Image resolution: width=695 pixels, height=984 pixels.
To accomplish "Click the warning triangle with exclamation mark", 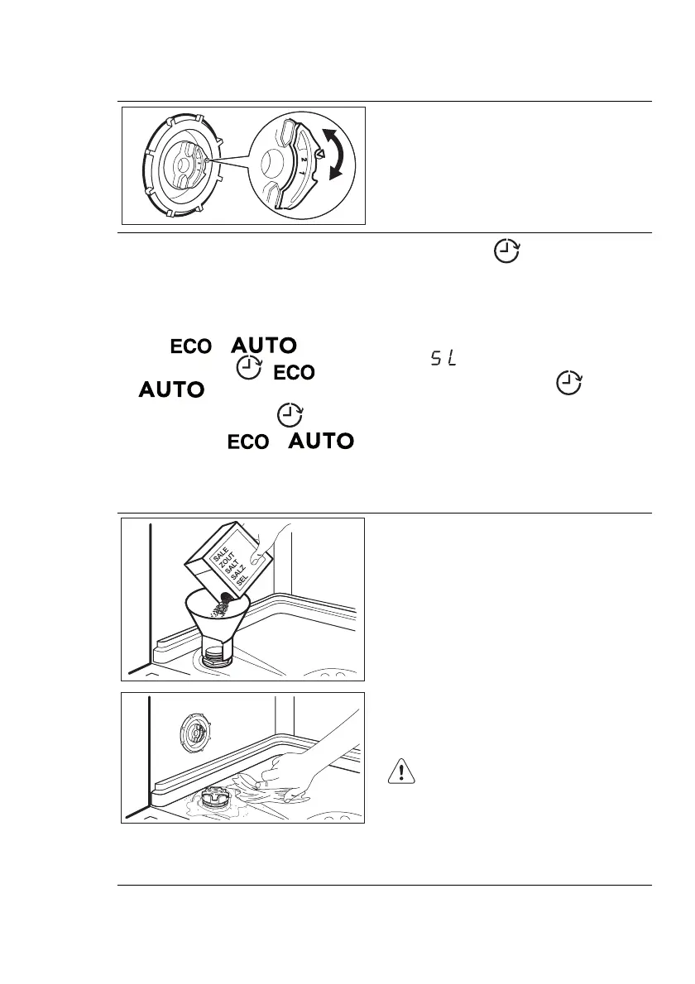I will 400,772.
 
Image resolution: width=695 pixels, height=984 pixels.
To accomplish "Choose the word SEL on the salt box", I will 242,582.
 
